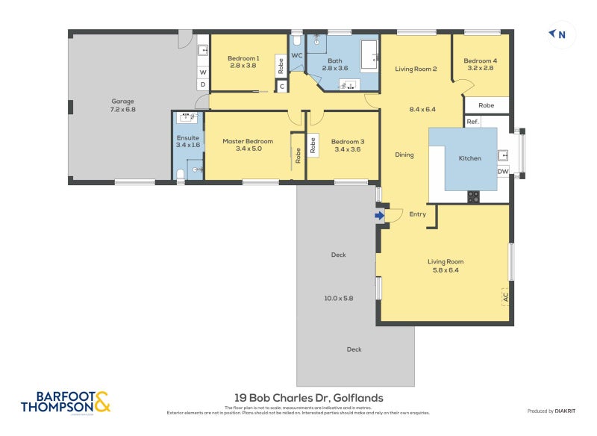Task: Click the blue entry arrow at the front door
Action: [379, 216]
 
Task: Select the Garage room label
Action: [123, 100]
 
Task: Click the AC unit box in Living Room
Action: [505, 296]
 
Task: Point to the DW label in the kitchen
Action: [502, 171]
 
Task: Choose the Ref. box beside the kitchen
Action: [472, 122]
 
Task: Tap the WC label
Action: [296, 56]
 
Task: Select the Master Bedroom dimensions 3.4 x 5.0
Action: [247, 149]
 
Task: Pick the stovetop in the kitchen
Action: [473, 196]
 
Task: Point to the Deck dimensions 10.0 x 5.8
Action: [338, 298]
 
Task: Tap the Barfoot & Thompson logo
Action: [66, 402]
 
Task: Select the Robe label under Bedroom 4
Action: [486, 106]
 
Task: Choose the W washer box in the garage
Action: [202, 72]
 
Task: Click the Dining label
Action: [404, 155]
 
